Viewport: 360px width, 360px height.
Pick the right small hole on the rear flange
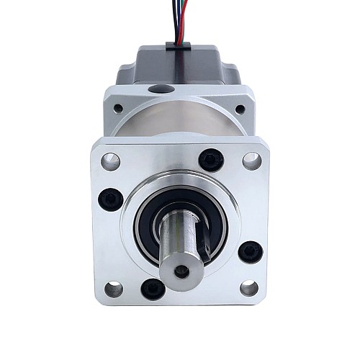click(240, 109)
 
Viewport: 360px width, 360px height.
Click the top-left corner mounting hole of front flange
click(110, 161)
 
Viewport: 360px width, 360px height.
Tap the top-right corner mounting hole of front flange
click(251, 161)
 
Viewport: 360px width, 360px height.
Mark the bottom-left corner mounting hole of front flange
click(113, 289)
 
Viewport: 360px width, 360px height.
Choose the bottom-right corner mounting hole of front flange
click(248, 289)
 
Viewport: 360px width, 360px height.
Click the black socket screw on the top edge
click(210, 160)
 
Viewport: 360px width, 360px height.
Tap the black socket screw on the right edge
click(250, 252)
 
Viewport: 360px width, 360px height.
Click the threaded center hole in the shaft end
click(181, 270)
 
